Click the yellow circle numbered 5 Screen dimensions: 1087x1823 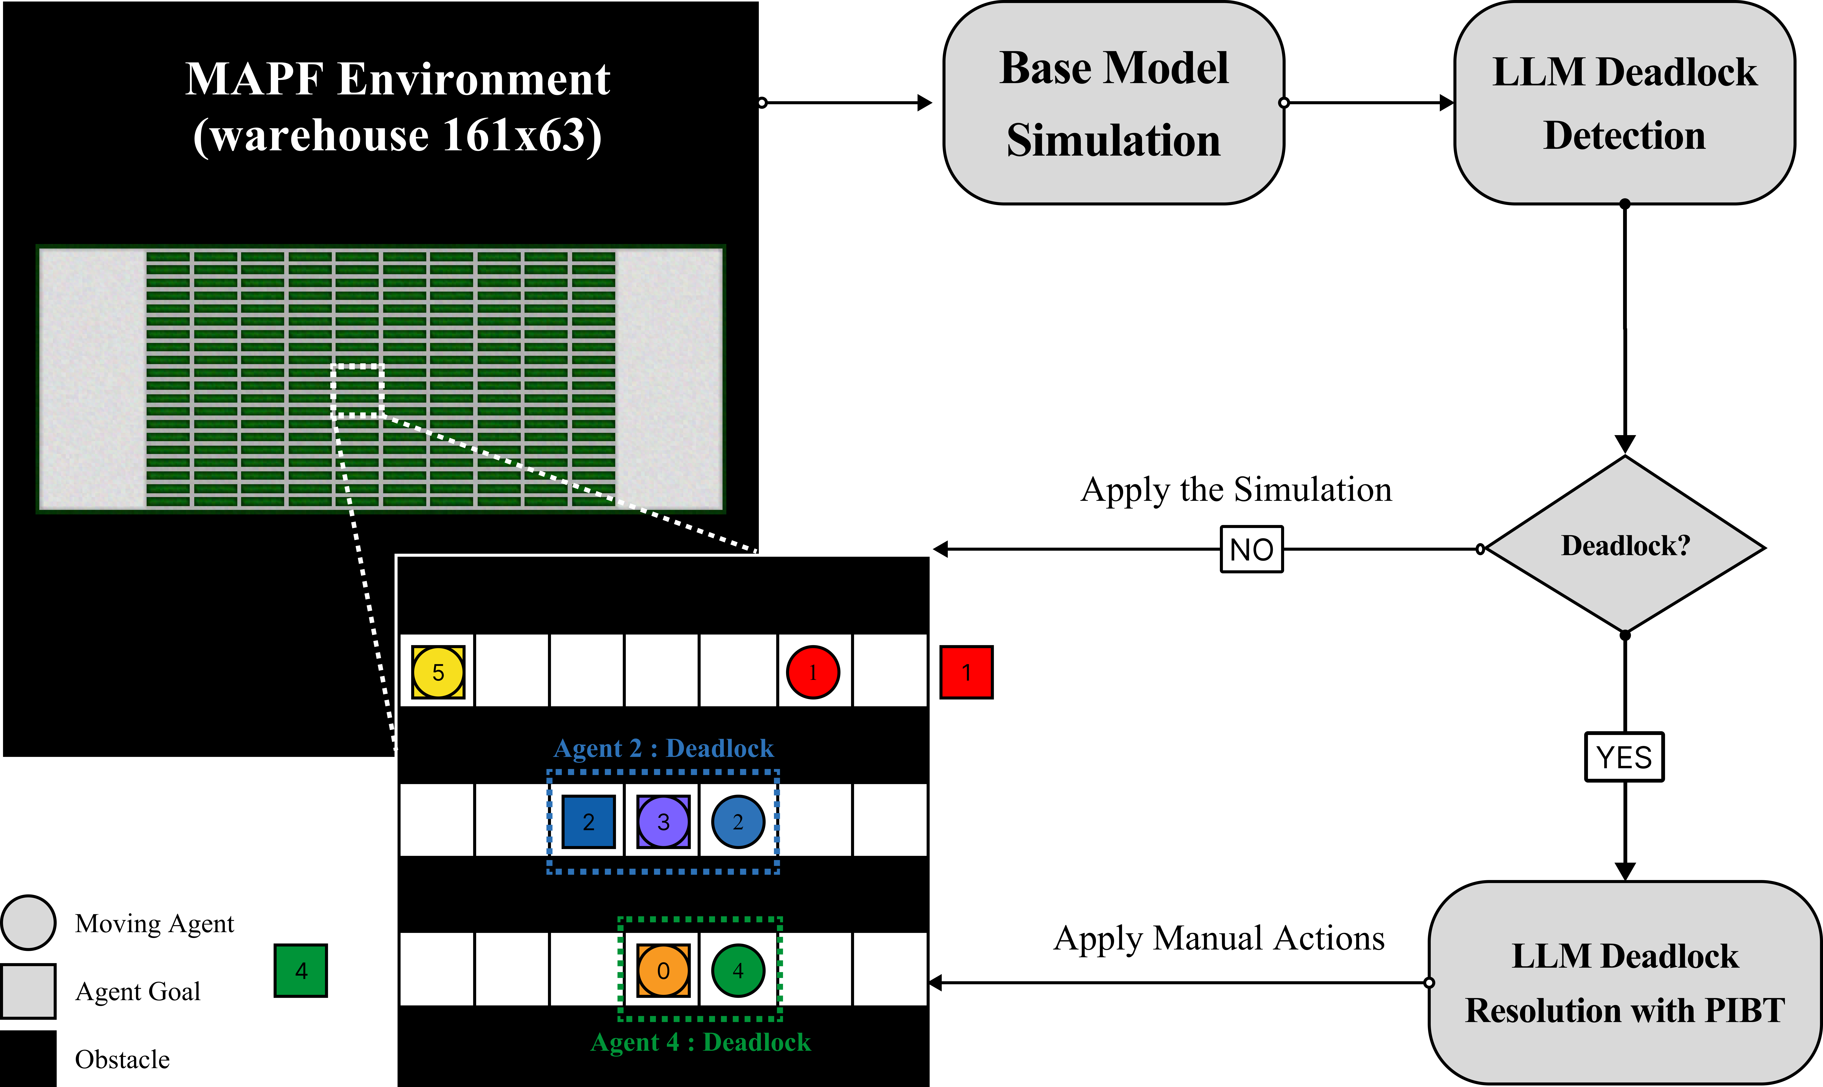(x=438, y=672)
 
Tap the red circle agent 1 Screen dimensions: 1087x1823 (x=812, y=672)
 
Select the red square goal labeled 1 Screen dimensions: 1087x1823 (x=966, y=672)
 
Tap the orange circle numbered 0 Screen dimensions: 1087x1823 (x=663, y=970)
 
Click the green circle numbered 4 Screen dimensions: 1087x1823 (x=738, y=970)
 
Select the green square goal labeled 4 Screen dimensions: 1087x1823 (x=300, y=970)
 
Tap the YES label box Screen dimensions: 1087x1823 (x=1624, y=757)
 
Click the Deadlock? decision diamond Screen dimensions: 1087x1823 (x=1625, y=545)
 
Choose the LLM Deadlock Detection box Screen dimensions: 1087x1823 (x=1624, y=103)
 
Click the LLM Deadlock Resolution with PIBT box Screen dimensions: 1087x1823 (x=1624, y=982)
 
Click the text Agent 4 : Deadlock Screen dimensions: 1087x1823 (x=700, y=1042)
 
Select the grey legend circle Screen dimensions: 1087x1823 (x=29, y=922)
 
